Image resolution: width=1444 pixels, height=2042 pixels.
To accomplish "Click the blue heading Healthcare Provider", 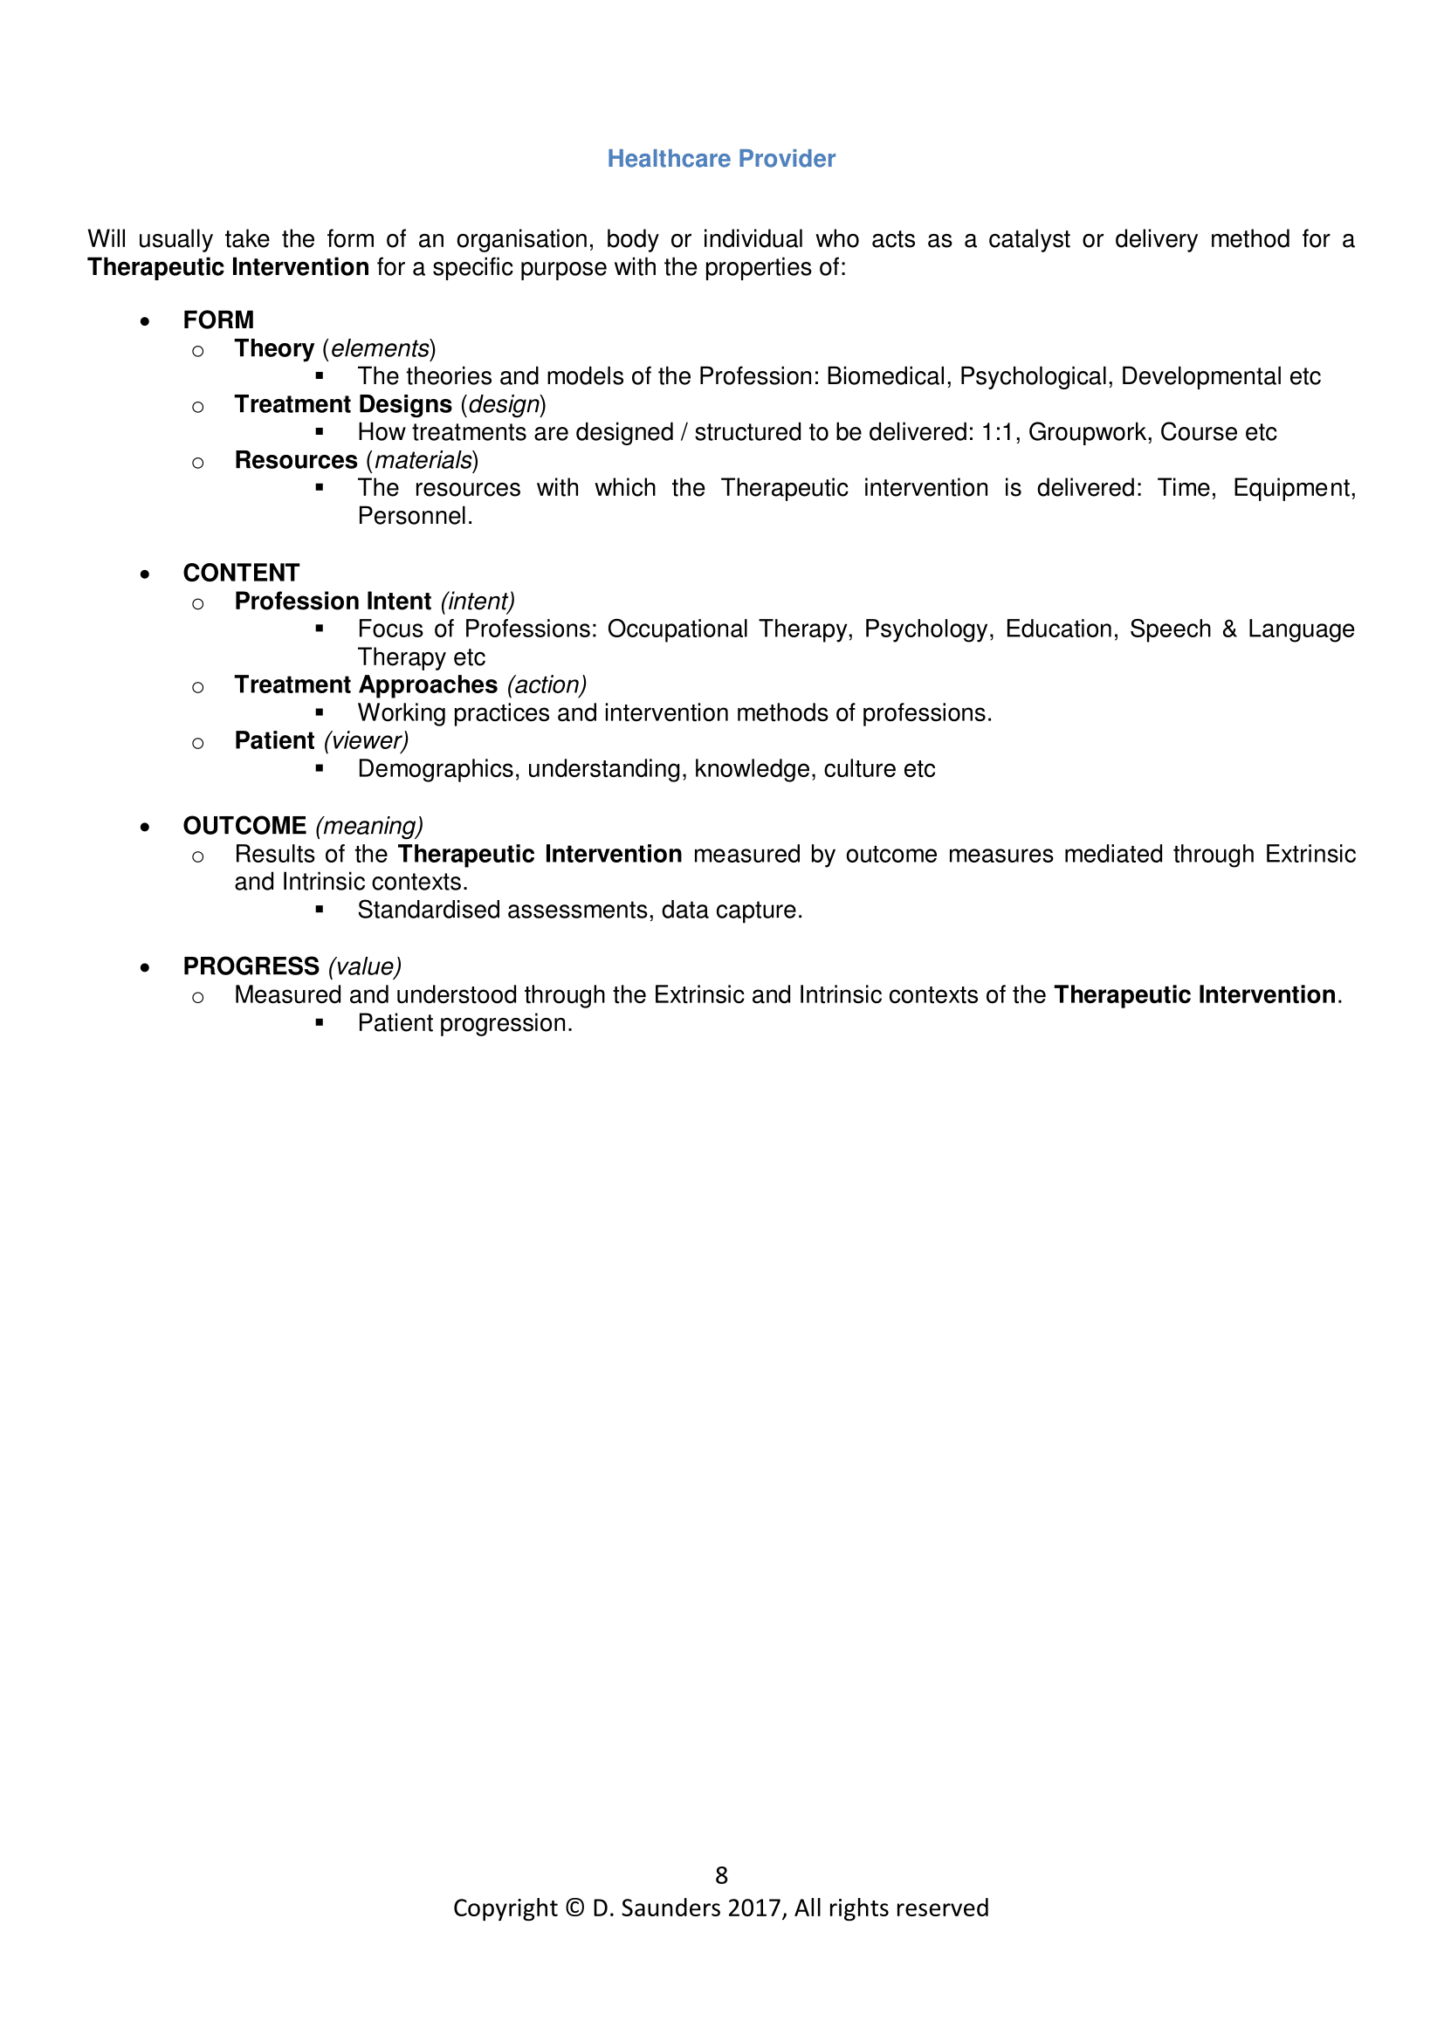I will tap(721, 158).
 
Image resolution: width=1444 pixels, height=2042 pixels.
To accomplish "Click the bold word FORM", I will tap(219, 320).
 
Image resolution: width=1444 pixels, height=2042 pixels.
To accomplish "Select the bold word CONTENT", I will tap(241, 573).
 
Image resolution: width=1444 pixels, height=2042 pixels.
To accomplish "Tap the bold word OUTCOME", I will tap(244, 825).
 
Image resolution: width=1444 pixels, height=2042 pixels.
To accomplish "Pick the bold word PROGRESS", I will tap(251, 966).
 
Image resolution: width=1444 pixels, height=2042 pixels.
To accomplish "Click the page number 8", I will tap(721, 1875).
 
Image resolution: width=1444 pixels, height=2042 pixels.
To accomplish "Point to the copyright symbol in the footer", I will tap(574, 1908).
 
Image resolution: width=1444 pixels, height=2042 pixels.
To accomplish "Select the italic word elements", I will tap(380, 348).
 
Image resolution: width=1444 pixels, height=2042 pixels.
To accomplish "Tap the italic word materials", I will tap(423, 461).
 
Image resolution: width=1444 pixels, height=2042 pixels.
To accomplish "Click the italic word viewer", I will tap(367, 741).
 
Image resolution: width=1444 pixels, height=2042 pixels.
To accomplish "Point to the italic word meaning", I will tap(369, 826).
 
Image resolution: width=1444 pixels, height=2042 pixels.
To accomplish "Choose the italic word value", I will tap(365, 966).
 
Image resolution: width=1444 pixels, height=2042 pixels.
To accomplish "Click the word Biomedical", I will tap(888, 376).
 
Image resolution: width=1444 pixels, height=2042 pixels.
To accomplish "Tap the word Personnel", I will tap(415, 516).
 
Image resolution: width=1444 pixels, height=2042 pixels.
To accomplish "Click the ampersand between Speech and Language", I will tap(1229, 629).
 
